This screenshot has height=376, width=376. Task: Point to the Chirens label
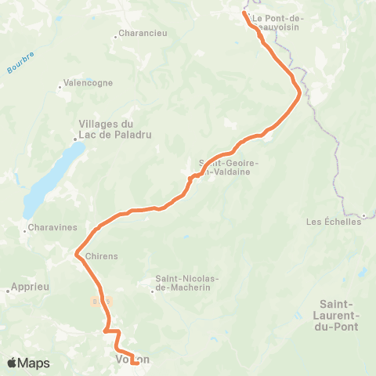tap(101, 255)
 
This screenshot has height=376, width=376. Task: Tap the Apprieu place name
tap(31, 287)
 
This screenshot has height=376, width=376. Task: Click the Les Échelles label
tap(332, 222)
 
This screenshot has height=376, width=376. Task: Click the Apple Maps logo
tap(28, 363)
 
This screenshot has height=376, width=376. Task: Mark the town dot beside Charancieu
tap(115, 34)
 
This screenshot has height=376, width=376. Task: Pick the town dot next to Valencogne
tap(60, 87)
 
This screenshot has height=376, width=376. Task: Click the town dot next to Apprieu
tap(8, 291)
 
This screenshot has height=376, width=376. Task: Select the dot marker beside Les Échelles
tap(365, 215)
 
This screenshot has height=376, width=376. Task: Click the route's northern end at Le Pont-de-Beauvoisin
tap(244, 13)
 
